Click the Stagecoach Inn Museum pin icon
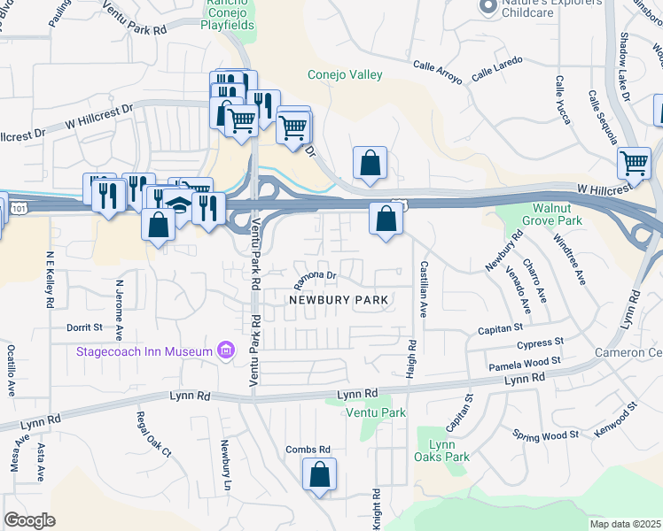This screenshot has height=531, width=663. pyautogui.click(x=226, y=351)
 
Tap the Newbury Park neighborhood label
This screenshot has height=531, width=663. pyautogui.click(x=339, y=301)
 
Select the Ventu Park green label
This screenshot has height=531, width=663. pyautogui.click(x=376, y=413)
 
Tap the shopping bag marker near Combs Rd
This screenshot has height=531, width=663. pyautogui.click(x=319, y=475)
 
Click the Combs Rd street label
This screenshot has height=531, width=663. pyautogui.click(x=308, y=450)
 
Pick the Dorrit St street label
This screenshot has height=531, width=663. pyautogui.click(x=85, y=327)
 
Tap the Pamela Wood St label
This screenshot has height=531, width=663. pyautogui.click(x=525, y=363)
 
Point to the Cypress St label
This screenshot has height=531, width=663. pyautogui.click(x=542, y=342)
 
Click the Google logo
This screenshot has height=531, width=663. pyautogui.click(x=29, y=520)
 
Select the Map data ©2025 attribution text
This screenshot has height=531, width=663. pyautogui.click(x=625, y=524)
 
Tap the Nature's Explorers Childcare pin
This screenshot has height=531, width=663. pyautogui.click(x=486, y=7)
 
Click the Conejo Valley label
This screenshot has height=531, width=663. pyautogui.click(x=340, y=74)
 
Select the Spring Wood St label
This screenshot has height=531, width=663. pyautogui.click(x=545, y=435)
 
